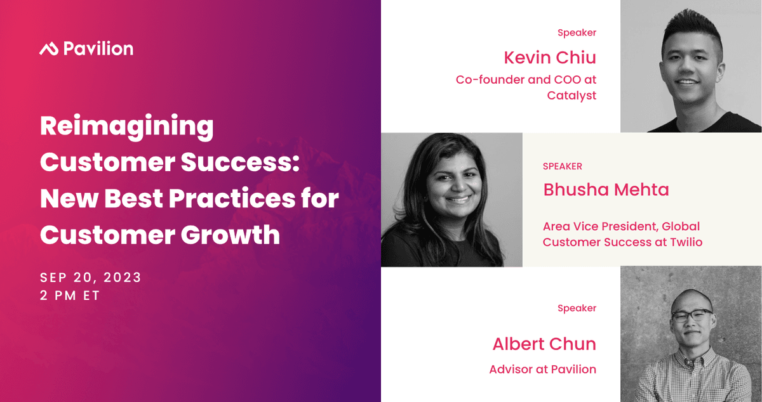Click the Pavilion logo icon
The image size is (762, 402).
tap(49, 49)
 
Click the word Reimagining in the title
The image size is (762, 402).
tap(127, 127)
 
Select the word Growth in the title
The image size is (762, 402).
tap(231, 235)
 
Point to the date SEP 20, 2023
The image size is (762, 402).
tap(90, 278)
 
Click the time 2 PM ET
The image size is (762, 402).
tap(70, 295)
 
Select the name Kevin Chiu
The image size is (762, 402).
tap(550, 58)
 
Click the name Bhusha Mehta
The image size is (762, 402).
tap(606, 190)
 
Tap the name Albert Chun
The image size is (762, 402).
tap(544, 344)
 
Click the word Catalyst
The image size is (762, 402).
tap(572, 96)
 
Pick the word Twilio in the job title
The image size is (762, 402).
tap(686, 242)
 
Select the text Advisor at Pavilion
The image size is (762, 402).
tap(543, 370)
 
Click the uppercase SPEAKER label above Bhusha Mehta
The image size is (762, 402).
tap(563, 166)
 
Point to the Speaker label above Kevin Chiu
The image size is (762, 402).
tap(577, 32)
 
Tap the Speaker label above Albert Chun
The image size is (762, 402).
tap(577, 308)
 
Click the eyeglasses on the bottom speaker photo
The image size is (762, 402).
tap(692, 315)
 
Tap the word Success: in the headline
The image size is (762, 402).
tap(240, 162)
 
